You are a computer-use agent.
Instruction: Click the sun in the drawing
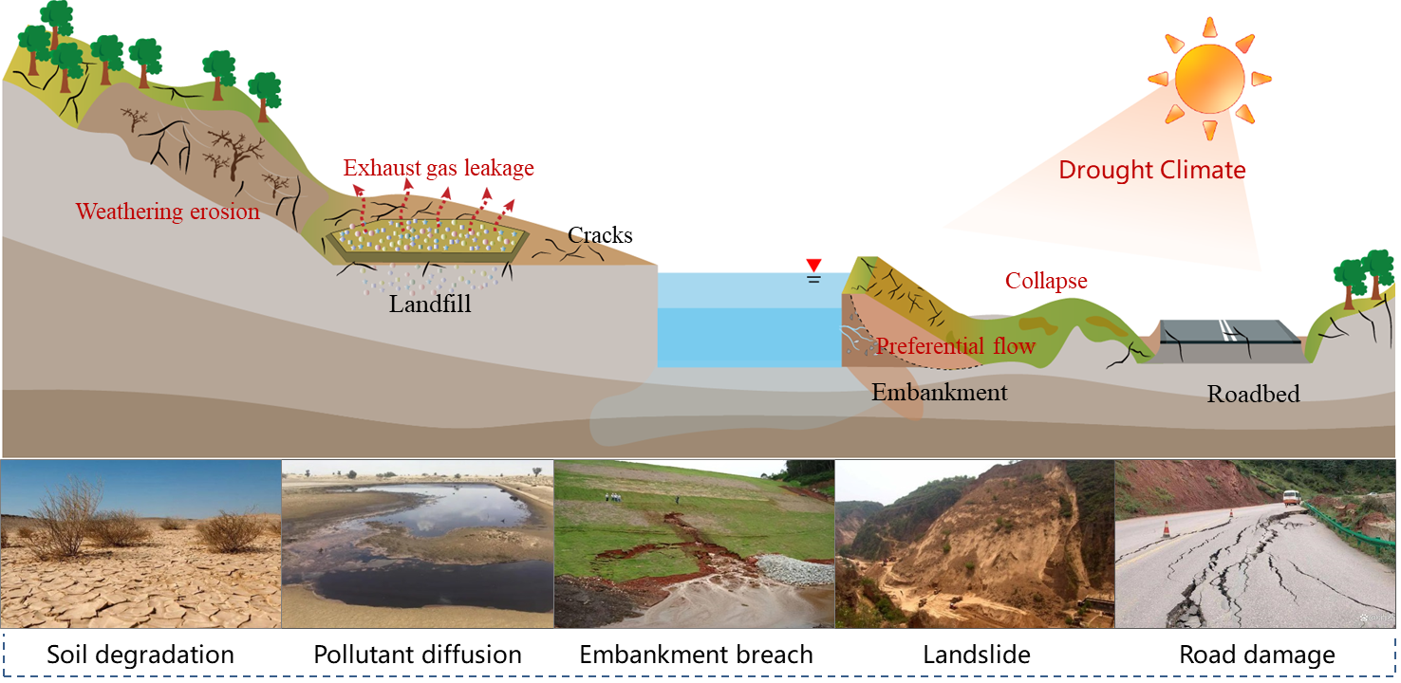[x=1208, y=77]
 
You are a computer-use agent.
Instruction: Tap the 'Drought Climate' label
[x=1151, y=171]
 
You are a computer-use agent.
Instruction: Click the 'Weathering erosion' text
[x=168, y=212]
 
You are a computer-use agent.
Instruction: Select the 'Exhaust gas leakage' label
[x=439, y=169]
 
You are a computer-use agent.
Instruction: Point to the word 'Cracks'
[x=600, y=235]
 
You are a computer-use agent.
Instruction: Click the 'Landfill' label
[x=430, y=305]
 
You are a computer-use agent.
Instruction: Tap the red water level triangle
[x=813, y=266]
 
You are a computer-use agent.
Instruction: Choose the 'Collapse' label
[x=1046, y=282]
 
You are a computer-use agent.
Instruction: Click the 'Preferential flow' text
[x=955, y=346]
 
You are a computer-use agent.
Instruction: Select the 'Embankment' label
[x=939, y=392]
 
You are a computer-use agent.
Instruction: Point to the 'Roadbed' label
[x=1253, y=394]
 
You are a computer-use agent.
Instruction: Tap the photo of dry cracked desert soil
[x=141, y=544]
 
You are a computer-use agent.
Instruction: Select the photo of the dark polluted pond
[x=418, y=544]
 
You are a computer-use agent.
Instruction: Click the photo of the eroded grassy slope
[x=694, y=544]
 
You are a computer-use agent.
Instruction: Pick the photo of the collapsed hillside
[x=974, y=544]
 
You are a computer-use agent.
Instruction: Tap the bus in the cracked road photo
[x=1291, y=498]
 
